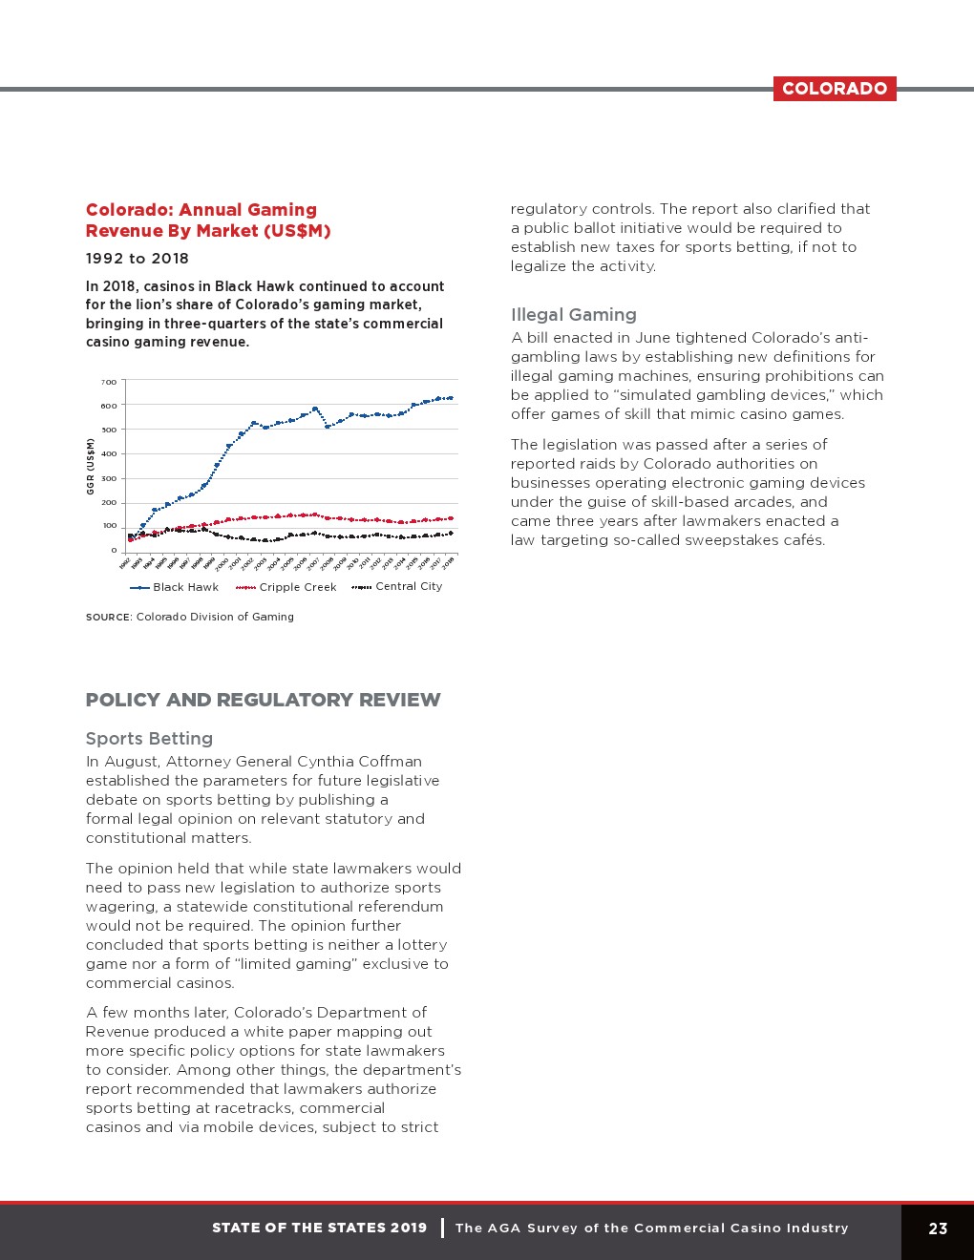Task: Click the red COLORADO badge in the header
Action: coord(835,89)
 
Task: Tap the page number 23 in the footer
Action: coord(938,1228)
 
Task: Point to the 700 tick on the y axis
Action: coord(109,382)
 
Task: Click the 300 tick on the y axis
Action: coord(109,478)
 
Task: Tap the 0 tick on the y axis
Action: coord(114,550)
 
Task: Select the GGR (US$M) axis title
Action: coord(91,466)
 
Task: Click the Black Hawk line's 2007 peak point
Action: coord(315,409)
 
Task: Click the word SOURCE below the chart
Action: coord(108,618)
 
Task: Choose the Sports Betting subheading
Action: coord(149,739)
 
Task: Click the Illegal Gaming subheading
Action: coord(573,315)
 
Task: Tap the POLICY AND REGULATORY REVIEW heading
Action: coord(263,700)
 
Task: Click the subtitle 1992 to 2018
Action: coord(137,259)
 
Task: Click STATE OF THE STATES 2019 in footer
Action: coord(319,1228)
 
